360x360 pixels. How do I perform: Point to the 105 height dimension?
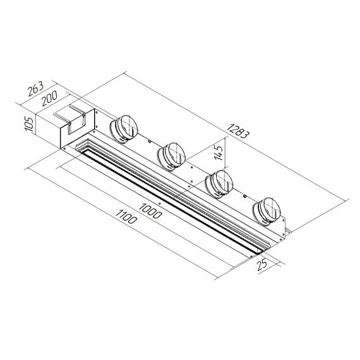click(x=28, y=122)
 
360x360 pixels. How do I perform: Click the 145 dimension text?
click(x=219, y=152)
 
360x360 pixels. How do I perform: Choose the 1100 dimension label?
click(x=127, y=220)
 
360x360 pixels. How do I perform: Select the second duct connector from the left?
click(x=171, y=155)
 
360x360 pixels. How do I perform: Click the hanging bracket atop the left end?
click(x=71, y=117)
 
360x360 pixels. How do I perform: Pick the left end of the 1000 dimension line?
click(x=57, y=166)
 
